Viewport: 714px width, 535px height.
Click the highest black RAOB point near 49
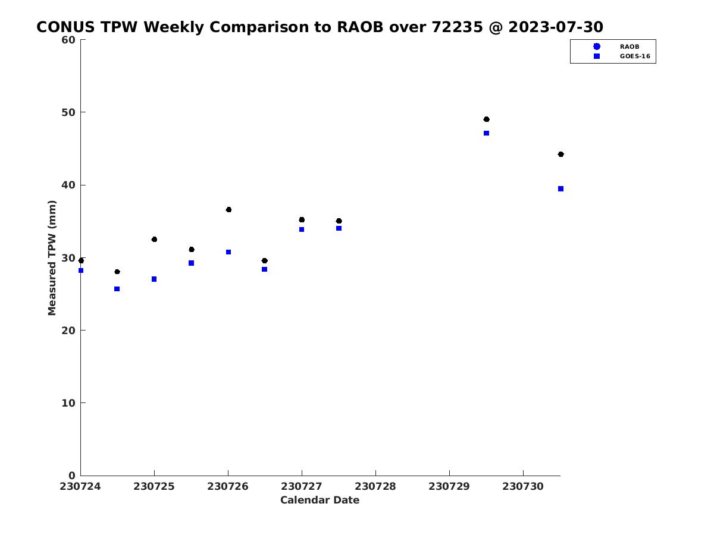pyautogui.click(x=486, y=119)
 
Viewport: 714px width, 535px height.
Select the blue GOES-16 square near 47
pyautogui.click(x=486, y=133)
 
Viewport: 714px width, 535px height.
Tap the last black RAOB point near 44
pyautogui.click(x=561, y=155)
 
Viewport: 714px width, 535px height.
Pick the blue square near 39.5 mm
pyautogui.click(x=561, y=188)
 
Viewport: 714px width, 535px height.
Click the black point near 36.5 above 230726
pyautogui.click(x=228, y=209)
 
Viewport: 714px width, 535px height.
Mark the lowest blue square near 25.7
pyautogui.click(x=117, y=289)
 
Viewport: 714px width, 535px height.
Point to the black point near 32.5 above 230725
pyautogui.click(x=154, y=240)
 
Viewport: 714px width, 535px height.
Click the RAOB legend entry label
pyautogui.click(x=630, y=47)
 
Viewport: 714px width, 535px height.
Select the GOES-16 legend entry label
pyautogui.click(x=635, y=56)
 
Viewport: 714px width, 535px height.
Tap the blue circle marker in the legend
pyautogui.click(x=597, y=46)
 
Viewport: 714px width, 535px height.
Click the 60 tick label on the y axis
pyautogui.click(x=68, y=40)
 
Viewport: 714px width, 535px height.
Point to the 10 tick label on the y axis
pyautogui.click(x=68, y=403)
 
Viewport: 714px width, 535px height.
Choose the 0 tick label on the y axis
pyautogui.click(x=72, y=476)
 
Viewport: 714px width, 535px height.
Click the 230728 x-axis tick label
pyautogui.click(x=375, y=486)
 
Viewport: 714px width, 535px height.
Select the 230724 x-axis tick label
pyautogui.click(x=80, y=486)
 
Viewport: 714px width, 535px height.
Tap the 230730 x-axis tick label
pyautogui.click(x=523, y=486)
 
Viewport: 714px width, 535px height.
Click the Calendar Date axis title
pyautogui.click(x=320, y=500)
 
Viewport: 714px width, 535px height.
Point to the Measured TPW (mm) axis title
pyautogui.click(x=52, y=257)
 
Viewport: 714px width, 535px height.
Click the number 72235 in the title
pyautogui.click(x=457, y=27)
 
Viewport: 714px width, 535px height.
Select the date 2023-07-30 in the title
pyautogui.click(x=556, y=27)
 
